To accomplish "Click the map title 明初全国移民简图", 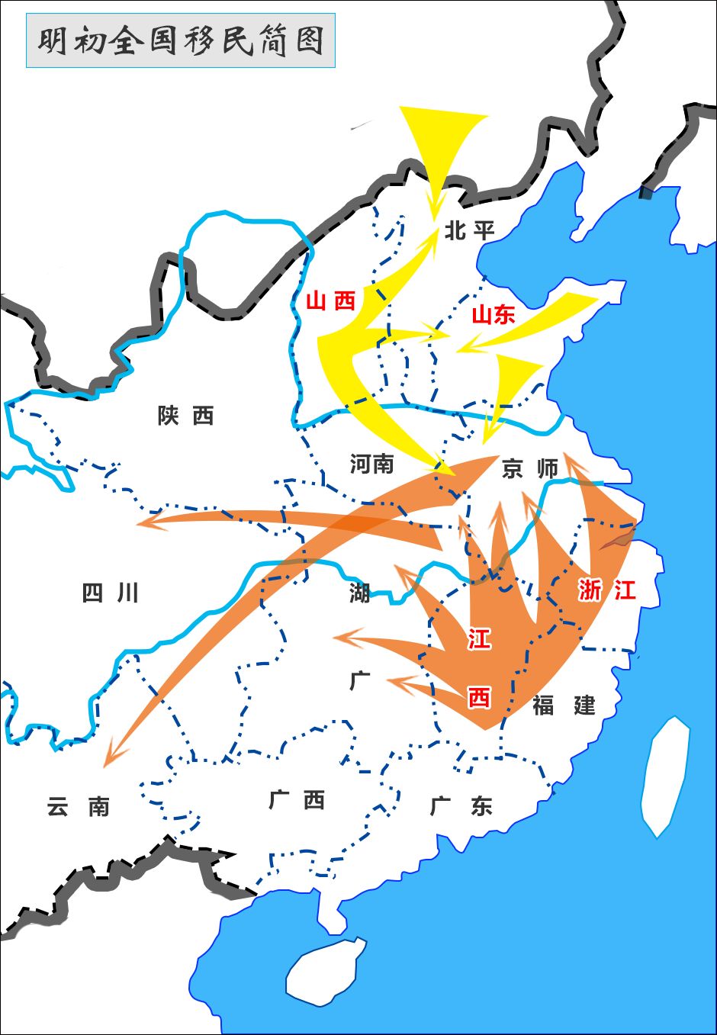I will (181, 40).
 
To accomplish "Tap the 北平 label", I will (469, 230).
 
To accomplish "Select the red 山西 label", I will (331, 301).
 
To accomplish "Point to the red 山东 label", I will (493, 314).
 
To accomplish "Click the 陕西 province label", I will (185, 416).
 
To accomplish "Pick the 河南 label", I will (371, 463).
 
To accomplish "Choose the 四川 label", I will (110, 593).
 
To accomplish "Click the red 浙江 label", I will (606, 590).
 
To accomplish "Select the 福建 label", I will (564, 705).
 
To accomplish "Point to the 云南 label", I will (78, 806).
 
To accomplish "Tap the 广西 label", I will (297, 800).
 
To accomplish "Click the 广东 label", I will (461, 805).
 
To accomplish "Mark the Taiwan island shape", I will (664, 774).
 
